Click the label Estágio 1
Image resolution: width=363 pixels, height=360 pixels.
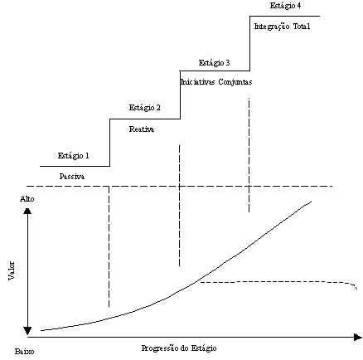(74, 156)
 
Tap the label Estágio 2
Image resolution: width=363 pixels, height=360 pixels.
(145, 108)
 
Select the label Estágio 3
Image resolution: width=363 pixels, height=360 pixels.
(214, 63)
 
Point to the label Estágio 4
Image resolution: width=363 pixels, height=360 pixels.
(285, 6)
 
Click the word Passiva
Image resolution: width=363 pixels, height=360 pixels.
(72, 177)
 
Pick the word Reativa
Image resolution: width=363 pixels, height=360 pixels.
(142, 129)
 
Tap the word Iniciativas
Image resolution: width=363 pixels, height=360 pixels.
(197, 82)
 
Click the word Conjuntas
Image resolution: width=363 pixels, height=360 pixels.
(235, 82)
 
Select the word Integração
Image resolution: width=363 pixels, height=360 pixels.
(272, 27)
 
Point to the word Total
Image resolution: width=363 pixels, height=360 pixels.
(302, 27)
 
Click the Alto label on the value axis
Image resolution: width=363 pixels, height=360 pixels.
(27, 199)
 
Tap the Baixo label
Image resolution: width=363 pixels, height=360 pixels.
(25, 352)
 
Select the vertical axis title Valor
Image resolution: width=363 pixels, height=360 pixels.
(12, 270)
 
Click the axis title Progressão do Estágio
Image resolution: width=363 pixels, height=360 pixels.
(179, 348)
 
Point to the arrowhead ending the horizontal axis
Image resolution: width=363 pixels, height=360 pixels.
(358, 337)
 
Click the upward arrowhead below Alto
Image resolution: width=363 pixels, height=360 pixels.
(27, 211)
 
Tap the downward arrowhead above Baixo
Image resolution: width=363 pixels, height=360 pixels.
(27, 331)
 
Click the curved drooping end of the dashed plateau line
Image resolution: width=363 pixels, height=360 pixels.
(354, 285)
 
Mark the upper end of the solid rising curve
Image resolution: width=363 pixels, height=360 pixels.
(312, 202)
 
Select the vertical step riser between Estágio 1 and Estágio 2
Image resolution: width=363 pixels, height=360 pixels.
(110, 143)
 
